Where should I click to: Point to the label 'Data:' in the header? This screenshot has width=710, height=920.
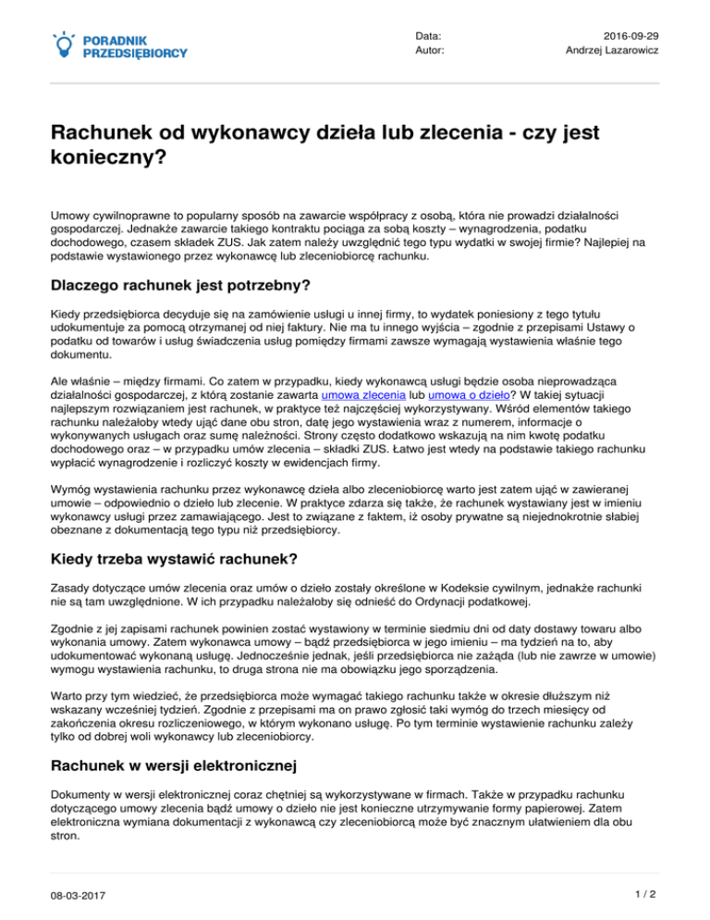pyautogui.click(x=428, y=34)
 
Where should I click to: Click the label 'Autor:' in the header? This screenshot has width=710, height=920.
pyautogui.click(x=430, y=50)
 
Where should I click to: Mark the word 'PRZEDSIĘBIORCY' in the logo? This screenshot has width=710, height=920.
pyautogui.click(x=135, y=54)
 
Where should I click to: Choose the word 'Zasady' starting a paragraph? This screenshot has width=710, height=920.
pyautogui.click(x=72, y=589)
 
